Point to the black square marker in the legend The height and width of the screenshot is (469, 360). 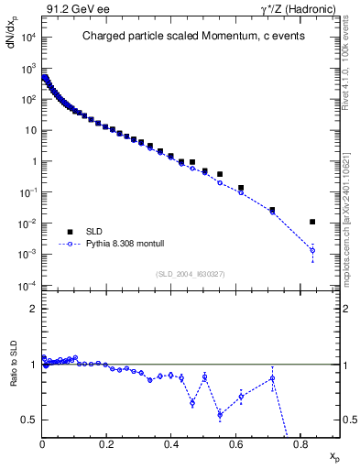click(70, 232)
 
